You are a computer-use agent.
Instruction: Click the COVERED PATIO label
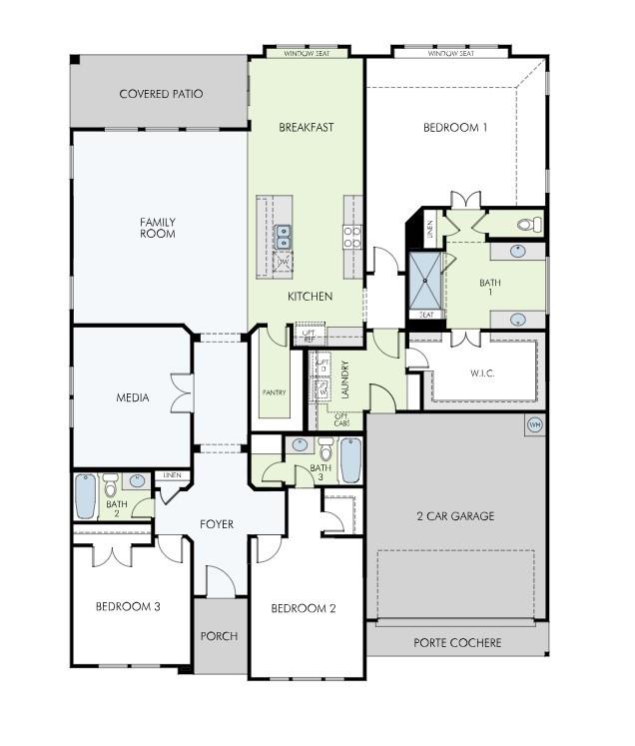tap(161, 94)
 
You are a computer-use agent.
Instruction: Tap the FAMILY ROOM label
tap(158, 228)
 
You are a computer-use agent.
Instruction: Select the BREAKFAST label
tap(306, 127)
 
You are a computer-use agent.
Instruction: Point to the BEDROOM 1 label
tap(455, 127)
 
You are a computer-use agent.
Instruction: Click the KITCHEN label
tap(310, 297)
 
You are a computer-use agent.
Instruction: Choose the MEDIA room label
tap(133, 397)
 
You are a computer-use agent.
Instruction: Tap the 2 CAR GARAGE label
tap(455, 516)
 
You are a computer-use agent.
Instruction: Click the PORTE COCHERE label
tap(457, 642)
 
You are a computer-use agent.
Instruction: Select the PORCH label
tap(219, 636)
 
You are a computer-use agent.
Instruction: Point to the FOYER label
tap(217, 524)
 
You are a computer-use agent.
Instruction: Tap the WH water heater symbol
tap(534, 423)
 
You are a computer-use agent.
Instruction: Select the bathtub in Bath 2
tap(87, 496)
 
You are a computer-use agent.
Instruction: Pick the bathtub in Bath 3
tap(351, 460)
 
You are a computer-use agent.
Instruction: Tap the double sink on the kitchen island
tap(284, 237)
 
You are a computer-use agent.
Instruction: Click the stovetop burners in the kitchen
tap(352, 237)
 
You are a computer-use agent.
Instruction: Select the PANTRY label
tap(274, 392)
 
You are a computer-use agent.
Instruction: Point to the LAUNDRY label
tap(345, 379)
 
